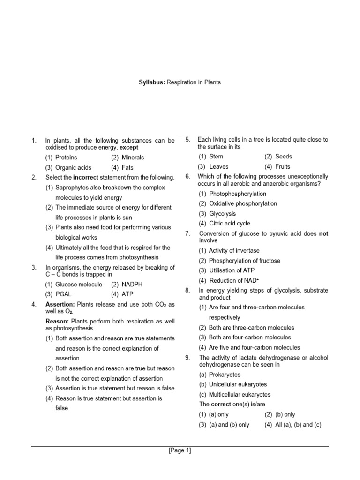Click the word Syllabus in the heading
pyautogui.click(x=152, y=82)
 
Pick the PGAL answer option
pyautogui.click(x=63, y=294)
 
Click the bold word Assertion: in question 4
pyautogui.click(x=60, y=305)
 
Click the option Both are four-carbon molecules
pyautogui.click(x=244, y=337)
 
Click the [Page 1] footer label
pyautogui.click(x=180, y=451)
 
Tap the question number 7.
pyautogui.click(x=187, y=233)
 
